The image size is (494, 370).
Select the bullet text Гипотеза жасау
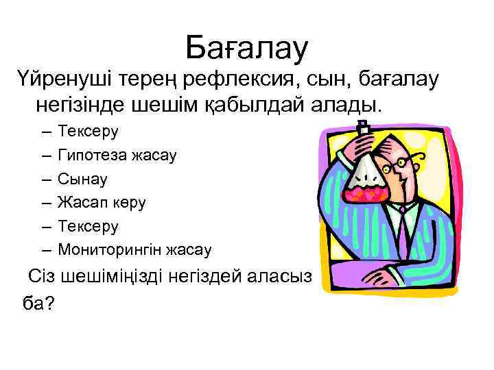pos(117,156)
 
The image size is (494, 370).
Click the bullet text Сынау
pos(83,179)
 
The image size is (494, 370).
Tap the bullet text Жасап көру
pos(102,202)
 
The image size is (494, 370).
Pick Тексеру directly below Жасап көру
pos(89,225)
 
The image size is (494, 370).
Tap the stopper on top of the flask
pos(363,127)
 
